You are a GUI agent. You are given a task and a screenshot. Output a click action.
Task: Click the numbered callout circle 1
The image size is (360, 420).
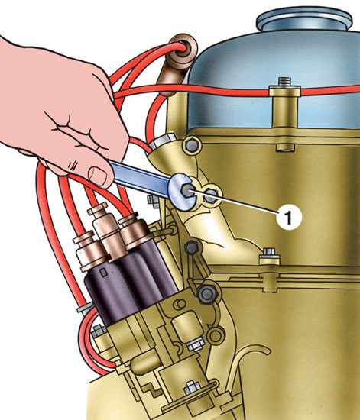(289, 217)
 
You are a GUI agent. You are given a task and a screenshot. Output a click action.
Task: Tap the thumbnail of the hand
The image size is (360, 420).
(98, 176)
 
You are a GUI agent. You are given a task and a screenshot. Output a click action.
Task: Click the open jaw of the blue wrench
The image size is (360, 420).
(181, 192)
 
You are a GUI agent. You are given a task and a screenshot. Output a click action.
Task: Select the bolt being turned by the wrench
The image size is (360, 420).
(186, 191)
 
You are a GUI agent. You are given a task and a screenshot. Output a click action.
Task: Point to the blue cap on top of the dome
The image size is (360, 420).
(304, 19)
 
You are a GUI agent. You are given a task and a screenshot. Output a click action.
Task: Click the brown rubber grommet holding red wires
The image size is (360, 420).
(183, 53)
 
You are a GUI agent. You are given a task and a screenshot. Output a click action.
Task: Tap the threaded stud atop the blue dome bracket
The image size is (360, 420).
(284, 82)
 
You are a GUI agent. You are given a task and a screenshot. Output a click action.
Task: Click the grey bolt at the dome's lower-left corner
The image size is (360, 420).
(192, 145)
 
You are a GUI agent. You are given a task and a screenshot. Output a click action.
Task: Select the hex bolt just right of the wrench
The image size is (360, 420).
(211, 196)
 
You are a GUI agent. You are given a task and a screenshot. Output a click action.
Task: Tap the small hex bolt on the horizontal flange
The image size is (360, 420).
(270, 254)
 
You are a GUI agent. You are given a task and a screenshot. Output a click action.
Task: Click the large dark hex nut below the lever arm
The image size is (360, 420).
(207, 295)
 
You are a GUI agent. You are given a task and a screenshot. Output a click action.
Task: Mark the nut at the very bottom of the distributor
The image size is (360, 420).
(192, 387)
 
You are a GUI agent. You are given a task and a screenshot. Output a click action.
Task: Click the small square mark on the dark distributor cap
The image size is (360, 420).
(103, 273)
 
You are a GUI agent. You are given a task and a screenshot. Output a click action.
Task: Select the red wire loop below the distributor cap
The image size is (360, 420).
(89, 345)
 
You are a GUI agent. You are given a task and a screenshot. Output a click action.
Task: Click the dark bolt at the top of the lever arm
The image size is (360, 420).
(192, 247)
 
